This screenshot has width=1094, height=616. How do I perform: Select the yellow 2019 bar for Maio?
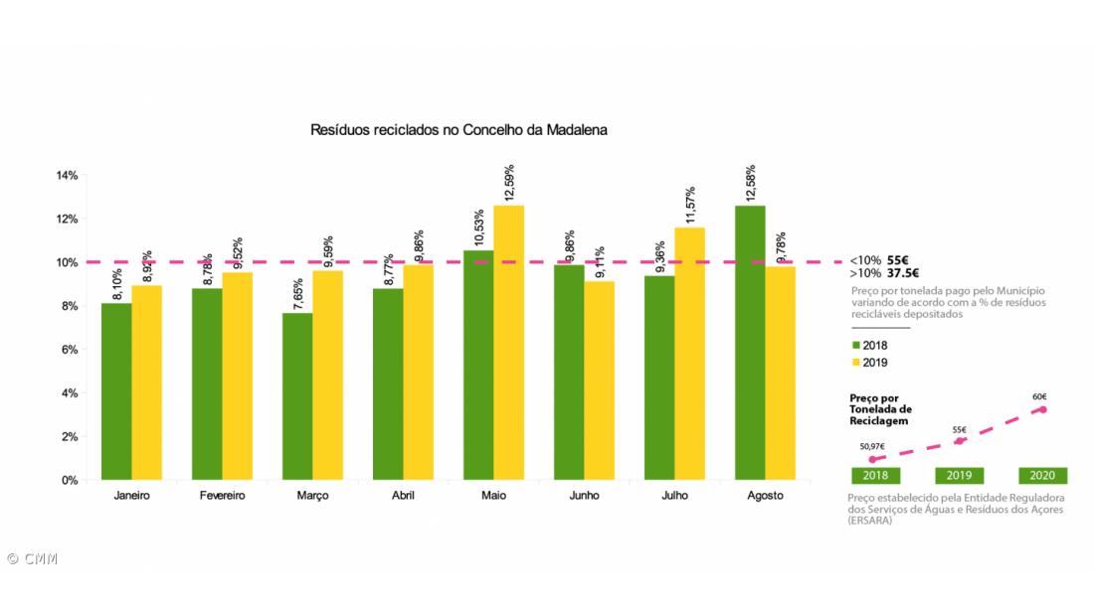pyautogui.click(x=508, y=343)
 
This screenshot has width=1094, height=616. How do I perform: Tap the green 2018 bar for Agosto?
pyautogui.click(x=749, y=343)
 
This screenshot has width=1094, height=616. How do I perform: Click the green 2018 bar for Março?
pyautogui.click(x=297, y=396)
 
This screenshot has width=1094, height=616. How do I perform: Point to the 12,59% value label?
pyautogui.click(x=508, y=182)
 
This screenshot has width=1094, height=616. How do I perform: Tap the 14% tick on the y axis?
pyautogui.click(x=67, y=176)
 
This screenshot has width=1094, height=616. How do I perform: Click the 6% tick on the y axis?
pyautogui.click(x=69, y=350)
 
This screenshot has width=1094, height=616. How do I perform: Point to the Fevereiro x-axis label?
pyautogui.click(x=222, y=495)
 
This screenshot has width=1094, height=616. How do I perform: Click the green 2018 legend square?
pyautogui.click(x=856, y=345)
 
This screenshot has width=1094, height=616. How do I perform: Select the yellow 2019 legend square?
pyautogui.click(x=856, y=363)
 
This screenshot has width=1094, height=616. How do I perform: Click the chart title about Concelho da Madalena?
pyautogui.click(x=459, y=130)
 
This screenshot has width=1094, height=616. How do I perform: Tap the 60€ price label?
pyautogui.click(x=1039, y=396)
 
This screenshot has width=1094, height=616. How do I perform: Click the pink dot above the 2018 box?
pyautogui.click(x=872, y=460)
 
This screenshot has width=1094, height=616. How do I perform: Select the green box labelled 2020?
pyautogui.click(x=1042, y=475)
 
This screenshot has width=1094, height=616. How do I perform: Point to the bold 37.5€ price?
pyautogui.click(x=902, y=273)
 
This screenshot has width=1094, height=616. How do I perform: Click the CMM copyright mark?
pyautogui.click(x=32, y=558)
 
